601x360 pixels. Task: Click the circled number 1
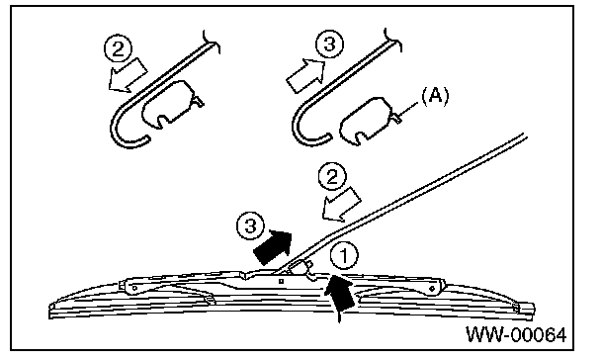pos(344,256)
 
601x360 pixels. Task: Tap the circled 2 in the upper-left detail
pos(119,49)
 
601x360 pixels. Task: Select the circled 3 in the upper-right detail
pos(329,44)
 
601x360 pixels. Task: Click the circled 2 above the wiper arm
pos(332,177)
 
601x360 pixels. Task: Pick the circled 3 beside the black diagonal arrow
pos(251,225)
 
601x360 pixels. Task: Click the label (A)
pos(435,96)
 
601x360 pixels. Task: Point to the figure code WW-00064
pos(516,334)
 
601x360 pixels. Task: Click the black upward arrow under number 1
pos(339,299)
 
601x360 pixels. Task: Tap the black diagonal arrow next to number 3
pos(273,247)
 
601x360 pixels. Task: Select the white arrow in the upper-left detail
pos(128,75)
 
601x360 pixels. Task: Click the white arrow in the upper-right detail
pos(305,76)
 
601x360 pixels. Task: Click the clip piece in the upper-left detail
pos(172,104)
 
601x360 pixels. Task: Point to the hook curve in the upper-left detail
pos(118,122)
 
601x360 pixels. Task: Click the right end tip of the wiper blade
pos(533,309)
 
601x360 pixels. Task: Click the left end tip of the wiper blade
pos(50,312)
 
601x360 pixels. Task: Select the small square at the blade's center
pos(281,281)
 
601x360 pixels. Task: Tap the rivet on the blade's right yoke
pos(432,289)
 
